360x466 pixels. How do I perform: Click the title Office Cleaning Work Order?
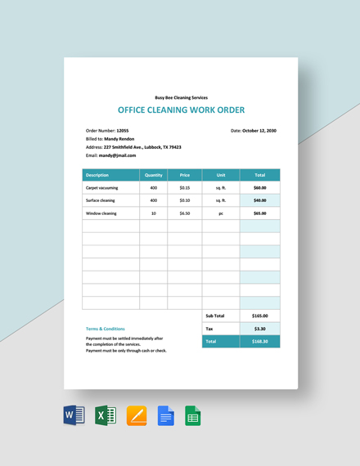point(181,110)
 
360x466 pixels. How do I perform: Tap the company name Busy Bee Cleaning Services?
point(181,96)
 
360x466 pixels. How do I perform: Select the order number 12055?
point(123,131)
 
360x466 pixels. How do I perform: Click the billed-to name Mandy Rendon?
point(118,139)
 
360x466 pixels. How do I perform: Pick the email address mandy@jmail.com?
point(118,155)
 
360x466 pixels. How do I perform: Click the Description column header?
point(97,175)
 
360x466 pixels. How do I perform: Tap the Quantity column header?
point(153,175)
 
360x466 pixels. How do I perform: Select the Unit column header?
point(220,175)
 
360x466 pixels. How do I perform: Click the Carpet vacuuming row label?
point(102,187)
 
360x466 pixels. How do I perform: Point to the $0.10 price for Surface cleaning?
point(184,200)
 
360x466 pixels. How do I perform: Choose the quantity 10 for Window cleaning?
point(153,213)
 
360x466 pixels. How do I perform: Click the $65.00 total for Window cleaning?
point(259,213)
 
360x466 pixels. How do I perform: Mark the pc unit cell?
point(220,213)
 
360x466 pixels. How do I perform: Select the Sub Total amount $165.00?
point(259,315)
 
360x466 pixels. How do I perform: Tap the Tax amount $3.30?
point(259,328)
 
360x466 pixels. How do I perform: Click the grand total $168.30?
point(259,341)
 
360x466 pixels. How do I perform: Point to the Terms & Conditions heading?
point(106,329)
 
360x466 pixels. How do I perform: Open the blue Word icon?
point(74,415)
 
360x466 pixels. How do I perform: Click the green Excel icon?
point(105,415)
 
